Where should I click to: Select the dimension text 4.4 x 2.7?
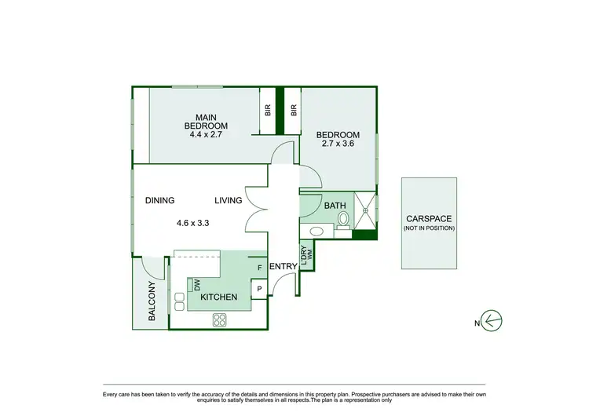206,134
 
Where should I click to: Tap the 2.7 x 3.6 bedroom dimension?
339,143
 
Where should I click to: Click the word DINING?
159,201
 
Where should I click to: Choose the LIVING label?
229,201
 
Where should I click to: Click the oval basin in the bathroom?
316,231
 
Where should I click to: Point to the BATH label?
335,206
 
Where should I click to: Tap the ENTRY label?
283,267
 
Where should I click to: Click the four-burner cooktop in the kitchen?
220,320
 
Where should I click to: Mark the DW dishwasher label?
197,286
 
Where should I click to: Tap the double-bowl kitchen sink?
178,301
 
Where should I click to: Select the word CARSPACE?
429,219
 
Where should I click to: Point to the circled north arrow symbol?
494,320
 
